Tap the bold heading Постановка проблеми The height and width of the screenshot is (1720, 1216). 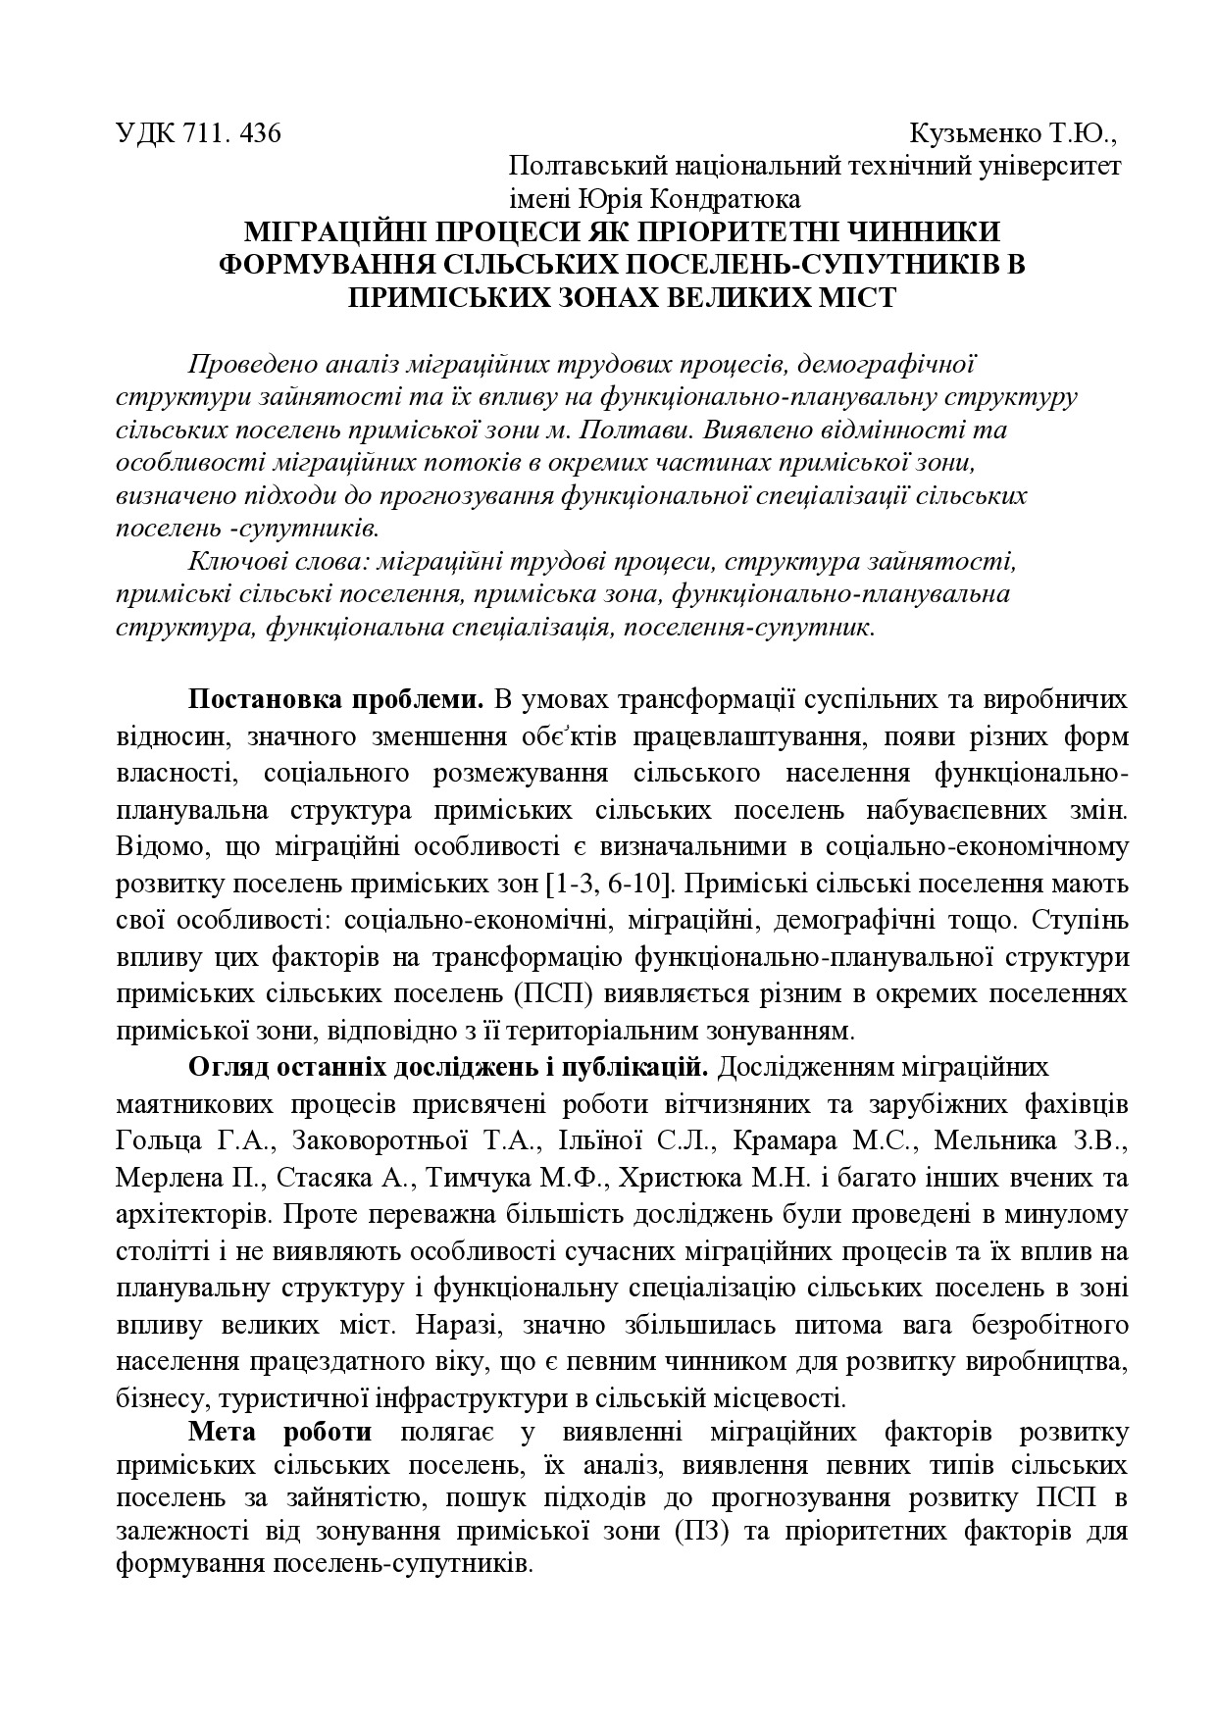coord(336,700)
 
